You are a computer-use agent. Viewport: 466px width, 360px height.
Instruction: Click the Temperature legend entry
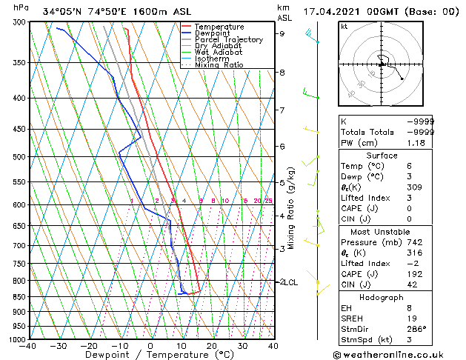219,27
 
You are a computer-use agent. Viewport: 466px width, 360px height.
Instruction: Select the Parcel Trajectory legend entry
228,40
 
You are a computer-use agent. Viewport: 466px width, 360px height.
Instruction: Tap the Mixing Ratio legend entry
219,65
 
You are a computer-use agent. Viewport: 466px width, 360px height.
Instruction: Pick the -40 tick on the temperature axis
28,346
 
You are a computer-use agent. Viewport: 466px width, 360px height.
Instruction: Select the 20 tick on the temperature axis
212,346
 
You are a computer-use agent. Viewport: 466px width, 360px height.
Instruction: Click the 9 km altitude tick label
282,33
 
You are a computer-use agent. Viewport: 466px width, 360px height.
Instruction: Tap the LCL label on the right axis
290,282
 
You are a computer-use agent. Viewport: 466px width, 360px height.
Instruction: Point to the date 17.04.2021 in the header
330,11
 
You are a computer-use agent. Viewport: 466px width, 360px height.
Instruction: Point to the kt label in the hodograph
344,27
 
